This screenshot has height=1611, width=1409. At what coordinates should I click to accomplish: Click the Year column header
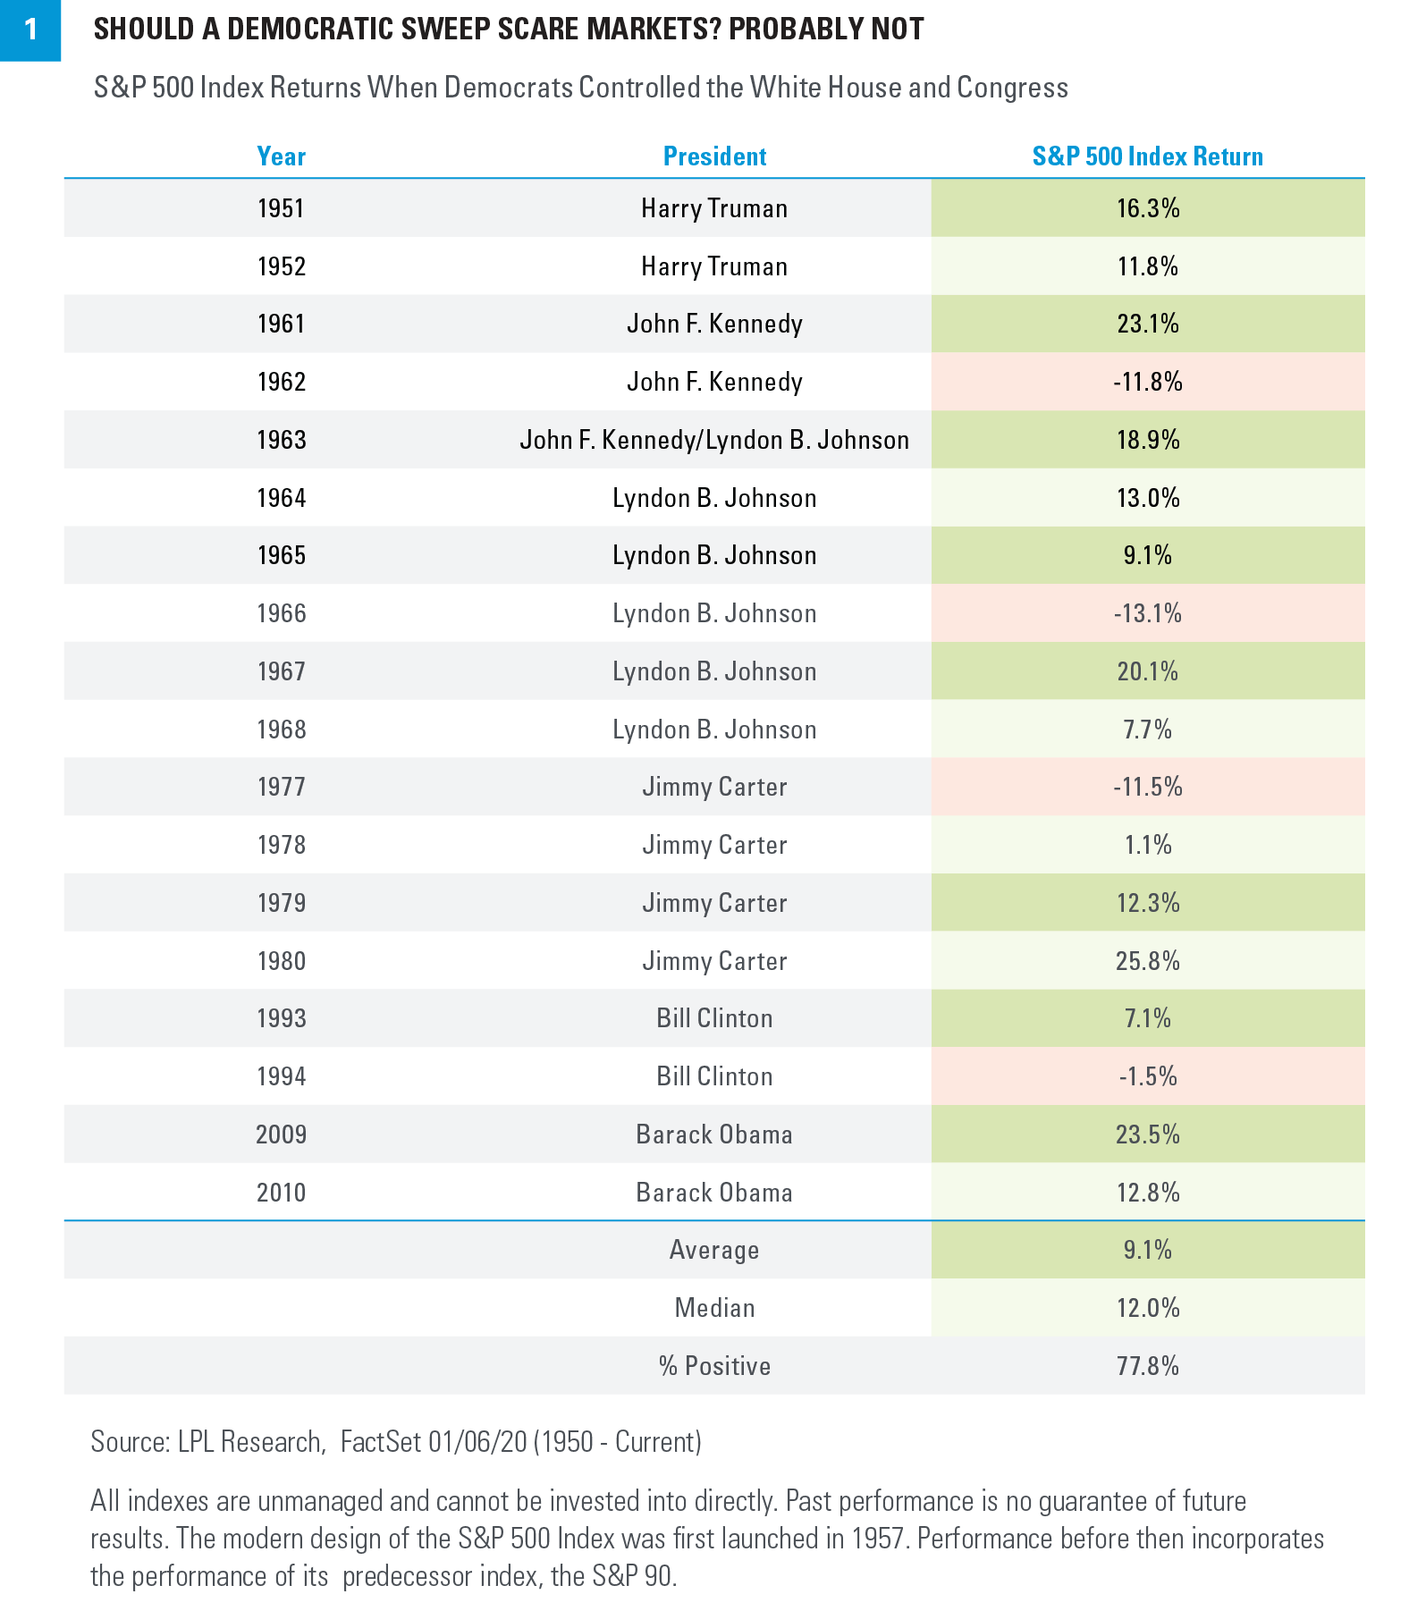[281, 156]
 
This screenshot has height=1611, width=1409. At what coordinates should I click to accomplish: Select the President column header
[714, 156]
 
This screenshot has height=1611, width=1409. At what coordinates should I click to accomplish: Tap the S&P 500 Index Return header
[1147, 156]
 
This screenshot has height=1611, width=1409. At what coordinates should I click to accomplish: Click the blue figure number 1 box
[30, 30]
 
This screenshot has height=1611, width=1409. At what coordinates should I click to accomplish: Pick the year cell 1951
[281, 208]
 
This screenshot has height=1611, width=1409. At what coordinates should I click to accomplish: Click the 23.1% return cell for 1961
[1148, 324]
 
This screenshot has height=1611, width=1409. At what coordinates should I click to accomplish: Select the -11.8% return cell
[1148, 382]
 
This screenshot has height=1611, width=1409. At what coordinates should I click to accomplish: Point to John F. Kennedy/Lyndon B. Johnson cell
[714, 440]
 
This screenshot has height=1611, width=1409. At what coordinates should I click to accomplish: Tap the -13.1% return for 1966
[1148, 613]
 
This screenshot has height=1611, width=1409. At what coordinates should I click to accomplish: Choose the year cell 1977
[281, 787]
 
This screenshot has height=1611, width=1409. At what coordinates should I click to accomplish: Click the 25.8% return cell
[1148, 961]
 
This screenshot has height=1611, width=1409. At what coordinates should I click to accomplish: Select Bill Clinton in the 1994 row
[714, 1076]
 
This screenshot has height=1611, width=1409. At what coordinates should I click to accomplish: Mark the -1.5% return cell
[1148, 1076]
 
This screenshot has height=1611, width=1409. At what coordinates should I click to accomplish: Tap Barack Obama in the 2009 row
[714, 1134]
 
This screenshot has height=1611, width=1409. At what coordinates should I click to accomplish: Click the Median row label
[714, 1308]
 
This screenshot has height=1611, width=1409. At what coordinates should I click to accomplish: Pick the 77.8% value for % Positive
[1148, 1366]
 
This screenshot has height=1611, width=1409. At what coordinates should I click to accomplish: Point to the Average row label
[714, 1250]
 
